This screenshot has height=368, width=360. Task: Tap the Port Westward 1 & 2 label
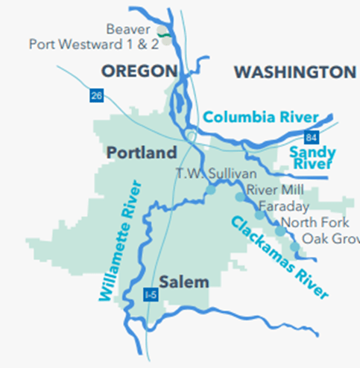92,44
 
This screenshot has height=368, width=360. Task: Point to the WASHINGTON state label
294,72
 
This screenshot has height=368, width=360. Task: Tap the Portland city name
142,153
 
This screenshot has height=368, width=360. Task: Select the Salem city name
183,282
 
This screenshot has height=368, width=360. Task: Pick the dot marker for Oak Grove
295,247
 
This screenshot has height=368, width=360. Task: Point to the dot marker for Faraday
259,215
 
